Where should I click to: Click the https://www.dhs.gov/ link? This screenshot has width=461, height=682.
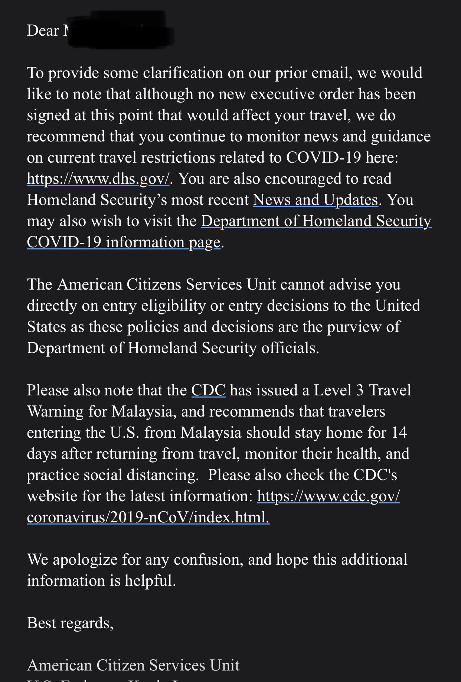(x=98, y=179)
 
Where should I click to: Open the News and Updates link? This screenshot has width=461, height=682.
(x=315, y=200)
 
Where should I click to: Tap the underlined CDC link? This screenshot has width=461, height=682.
(x=208, y=391)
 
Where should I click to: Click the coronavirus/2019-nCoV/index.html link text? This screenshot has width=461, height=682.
(x=148, y=518)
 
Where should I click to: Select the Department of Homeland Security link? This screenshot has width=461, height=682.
(x=316, y=221)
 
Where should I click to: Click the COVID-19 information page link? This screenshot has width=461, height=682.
(x=124, y=242)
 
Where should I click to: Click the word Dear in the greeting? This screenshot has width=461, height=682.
(x=43, y=31)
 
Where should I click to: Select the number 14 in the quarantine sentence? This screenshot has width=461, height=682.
(x=399, y=433)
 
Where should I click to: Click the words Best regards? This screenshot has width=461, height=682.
(x=70, y=623)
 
